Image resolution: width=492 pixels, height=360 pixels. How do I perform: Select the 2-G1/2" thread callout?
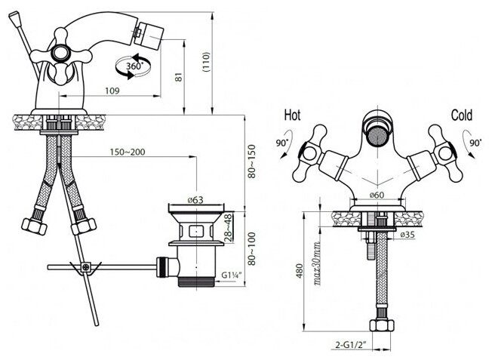[x=352, y=346]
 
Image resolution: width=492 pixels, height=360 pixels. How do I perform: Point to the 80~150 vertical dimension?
[x=254, y=159]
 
